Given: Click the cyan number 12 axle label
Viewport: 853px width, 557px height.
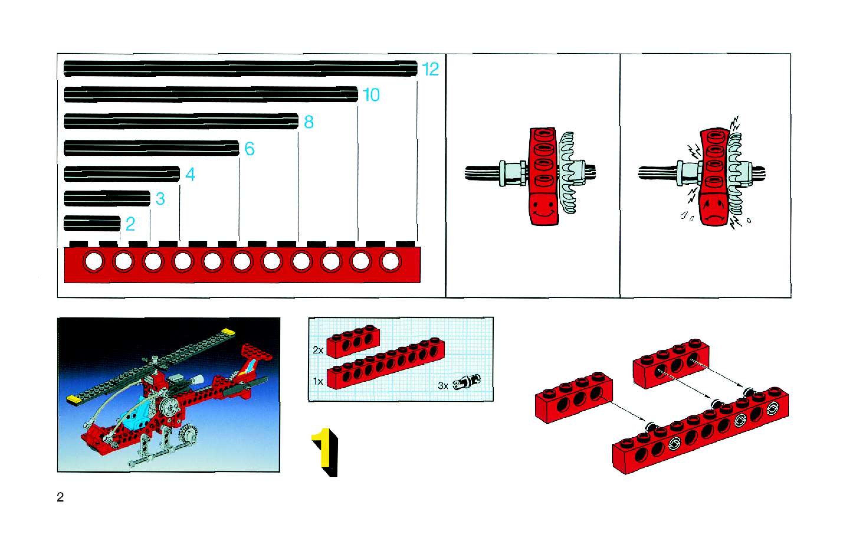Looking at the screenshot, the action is click(430, 69).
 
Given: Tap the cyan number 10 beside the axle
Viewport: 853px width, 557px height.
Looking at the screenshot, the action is click(371, 95).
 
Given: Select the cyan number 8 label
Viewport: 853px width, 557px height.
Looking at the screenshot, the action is click(309, 122).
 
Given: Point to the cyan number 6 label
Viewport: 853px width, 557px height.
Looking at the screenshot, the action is click(250, 148).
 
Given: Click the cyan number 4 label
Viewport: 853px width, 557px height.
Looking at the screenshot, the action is click(190, 174).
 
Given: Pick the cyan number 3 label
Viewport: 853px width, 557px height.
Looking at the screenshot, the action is click(160, 199).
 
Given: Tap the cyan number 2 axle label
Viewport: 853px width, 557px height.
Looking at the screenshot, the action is click(130, 224).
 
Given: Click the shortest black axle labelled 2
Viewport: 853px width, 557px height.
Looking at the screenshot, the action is click(92, 224).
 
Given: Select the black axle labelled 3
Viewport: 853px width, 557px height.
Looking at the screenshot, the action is click(107, 199).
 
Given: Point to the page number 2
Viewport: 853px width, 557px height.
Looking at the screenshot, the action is click(60, 497).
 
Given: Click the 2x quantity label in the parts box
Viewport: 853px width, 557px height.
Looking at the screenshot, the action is click(318, 350).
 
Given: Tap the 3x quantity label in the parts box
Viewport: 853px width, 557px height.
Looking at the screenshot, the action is click(443, 386).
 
